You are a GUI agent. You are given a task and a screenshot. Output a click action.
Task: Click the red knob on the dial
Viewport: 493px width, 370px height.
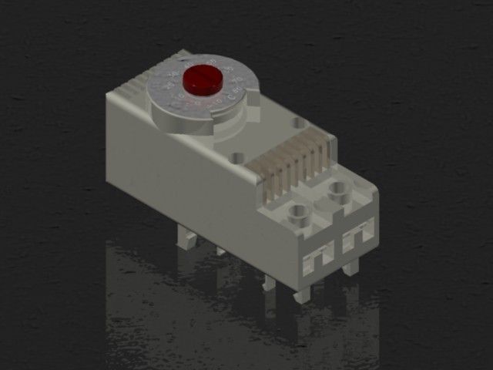[x=203, y=79]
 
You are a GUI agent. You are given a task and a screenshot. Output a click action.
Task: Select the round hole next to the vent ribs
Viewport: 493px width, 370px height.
[x=237, y=157]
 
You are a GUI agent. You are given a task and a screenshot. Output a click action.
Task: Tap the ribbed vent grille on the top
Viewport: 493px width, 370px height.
[x=293, y=166]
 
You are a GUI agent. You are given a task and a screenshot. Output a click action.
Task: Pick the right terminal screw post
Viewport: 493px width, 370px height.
[x=337, y=190]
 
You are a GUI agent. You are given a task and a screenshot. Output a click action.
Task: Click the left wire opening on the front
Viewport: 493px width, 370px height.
[x=318, y=258]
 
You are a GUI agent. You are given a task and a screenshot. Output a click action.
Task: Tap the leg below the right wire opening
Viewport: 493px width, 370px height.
[x=351, y=267]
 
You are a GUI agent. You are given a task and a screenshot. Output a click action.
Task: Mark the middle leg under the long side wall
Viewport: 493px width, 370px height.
[x=268, y=281]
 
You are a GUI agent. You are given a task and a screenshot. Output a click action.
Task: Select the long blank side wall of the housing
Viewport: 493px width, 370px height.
[x=193, y=185]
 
